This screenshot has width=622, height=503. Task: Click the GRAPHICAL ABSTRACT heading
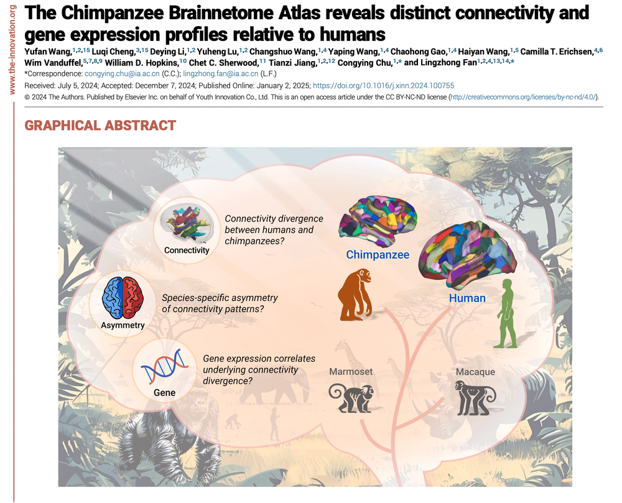[x=100, y=125]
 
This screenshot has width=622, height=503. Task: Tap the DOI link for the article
[x=383, y=86]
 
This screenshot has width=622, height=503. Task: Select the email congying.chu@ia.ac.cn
[x=122, y=74]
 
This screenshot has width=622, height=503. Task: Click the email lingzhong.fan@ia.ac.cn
[x=221, y=74]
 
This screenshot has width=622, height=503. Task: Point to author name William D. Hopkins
[x=142, y=63]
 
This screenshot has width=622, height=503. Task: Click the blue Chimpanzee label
[x=378, y=254]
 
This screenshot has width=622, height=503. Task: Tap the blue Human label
[x=467, y=298]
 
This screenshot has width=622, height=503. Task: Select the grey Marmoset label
[x=351, y=372]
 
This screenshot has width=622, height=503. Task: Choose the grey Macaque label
[x=475, y=372]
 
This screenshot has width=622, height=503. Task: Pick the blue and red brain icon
[x=123, y=298]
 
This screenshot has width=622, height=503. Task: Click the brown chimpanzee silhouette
[x=355, y=294]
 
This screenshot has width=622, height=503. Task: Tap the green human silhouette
[x=506, y=313]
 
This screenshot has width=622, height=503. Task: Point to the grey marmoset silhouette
[x=351, y=398]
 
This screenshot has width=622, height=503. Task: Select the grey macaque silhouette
[x=475, y=397]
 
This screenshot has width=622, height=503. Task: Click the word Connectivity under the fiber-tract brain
[x=187, y=251]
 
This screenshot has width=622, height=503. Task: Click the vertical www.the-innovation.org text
[x=12, y=50]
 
